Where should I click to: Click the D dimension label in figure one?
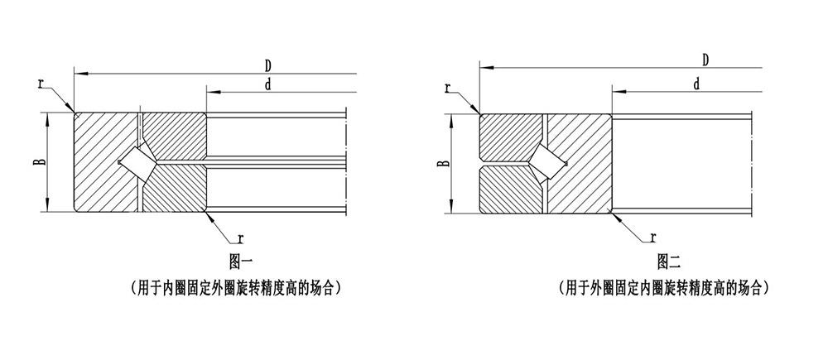268,65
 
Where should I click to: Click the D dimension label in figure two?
705,60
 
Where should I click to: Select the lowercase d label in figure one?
268,84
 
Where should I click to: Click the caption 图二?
667,263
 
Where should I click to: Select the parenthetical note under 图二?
667,289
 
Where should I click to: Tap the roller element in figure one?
136,161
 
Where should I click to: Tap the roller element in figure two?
546,161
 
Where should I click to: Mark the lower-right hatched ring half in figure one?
178,189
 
